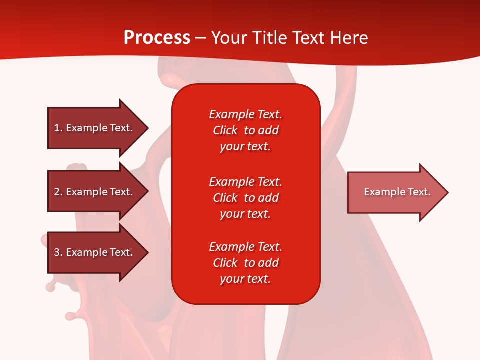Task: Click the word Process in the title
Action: [157, 38]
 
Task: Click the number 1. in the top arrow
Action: [58, 128]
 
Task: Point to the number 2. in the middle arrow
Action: [58, 192]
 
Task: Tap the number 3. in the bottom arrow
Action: [58, 252]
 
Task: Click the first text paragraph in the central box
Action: [245, 130]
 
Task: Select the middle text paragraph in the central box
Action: [245, 198]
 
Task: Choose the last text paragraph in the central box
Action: [245, 263]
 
